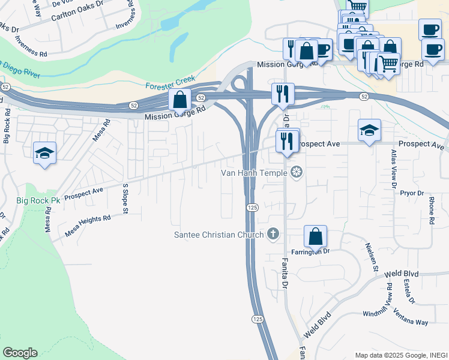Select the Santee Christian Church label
[x=218, y=235]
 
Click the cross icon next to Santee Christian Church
[x=274, y=234]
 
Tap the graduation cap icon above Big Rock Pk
[x=44, y=154]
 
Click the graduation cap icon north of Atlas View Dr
[x=369, y=130]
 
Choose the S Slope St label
[x=125, y=199]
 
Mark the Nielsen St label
[x=371, y=257]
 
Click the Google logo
[x=20, y=353]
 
